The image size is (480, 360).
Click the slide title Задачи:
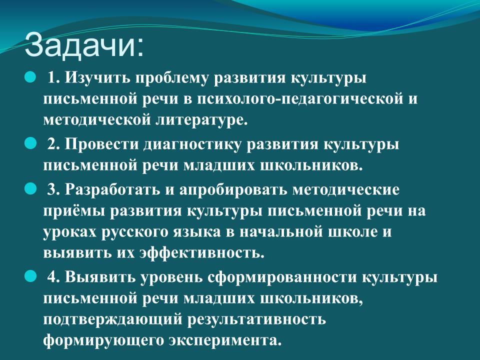pos(84,45)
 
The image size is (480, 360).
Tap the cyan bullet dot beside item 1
pos(30,77)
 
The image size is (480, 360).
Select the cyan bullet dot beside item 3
pos(30,189)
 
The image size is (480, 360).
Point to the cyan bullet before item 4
pos(30,276)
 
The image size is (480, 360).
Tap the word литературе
pos(201,120)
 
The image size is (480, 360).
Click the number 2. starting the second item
pos(53,144)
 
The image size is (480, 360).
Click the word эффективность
pos(201,253)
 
